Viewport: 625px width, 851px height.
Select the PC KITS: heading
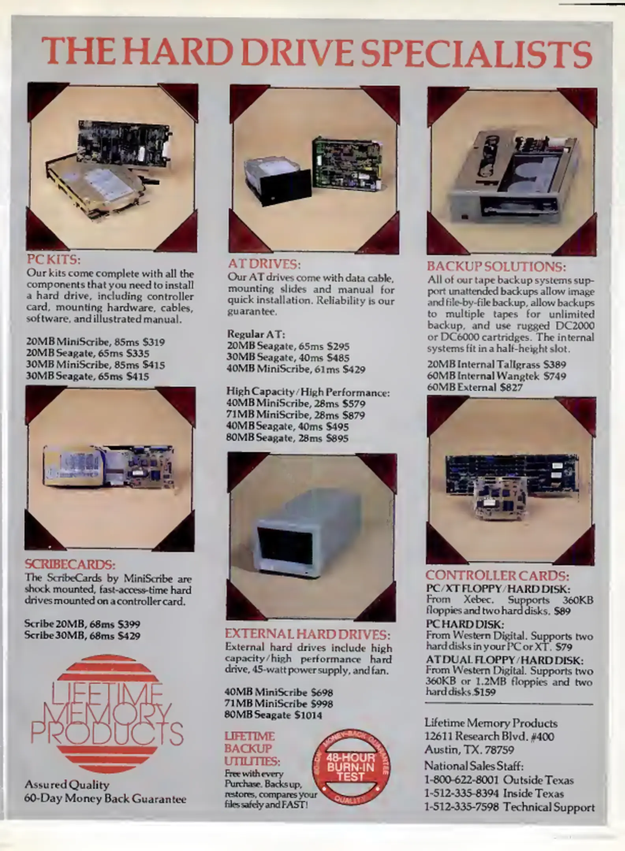click(54, 260)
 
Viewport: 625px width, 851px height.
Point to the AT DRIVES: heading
click(264, 263)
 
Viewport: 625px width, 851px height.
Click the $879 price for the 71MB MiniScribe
click(354, 415)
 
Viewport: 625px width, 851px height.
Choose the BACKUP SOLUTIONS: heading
click(496, 267)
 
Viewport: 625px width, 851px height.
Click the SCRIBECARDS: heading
click(70, 565)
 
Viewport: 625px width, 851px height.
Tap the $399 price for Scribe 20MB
click(129, 624)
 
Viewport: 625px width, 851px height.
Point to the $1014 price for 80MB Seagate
click(308, 715)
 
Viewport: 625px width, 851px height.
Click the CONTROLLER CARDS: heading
click(498, 576)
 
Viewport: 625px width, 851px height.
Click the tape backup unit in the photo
click(514, 177)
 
